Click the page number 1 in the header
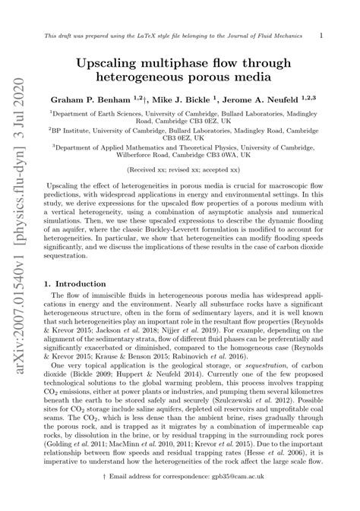[x=322, y=36]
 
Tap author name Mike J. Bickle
[x=173, y=99]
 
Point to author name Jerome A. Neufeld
[x=257, y=99]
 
